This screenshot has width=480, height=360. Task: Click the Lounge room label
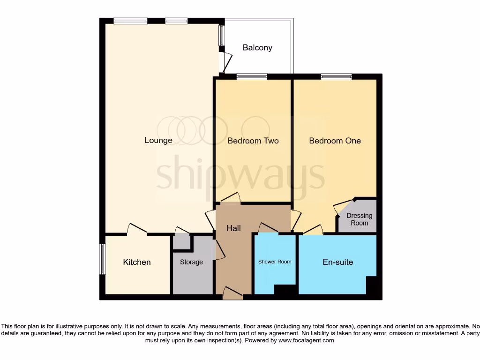(158, 140)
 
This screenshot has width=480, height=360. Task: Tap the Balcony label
(257, 48)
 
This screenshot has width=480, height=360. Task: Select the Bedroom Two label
(253, 141)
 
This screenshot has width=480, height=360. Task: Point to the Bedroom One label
(335, 141)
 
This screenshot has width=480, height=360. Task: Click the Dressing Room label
(360, 219)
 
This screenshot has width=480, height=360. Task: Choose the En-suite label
(337, 262)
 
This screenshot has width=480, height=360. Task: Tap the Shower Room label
(275, 262)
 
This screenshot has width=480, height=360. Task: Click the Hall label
(233, 228)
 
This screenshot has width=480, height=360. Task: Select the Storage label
(191, 262)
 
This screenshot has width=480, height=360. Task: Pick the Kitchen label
(137, 262)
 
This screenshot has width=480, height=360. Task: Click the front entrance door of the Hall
(232, 293)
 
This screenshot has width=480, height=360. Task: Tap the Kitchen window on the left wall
(102, 259)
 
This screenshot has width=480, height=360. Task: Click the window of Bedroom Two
(252, 77)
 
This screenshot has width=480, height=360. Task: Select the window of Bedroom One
(336, 77)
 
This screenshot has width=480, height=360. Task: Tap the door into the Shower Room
(268, 228)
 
